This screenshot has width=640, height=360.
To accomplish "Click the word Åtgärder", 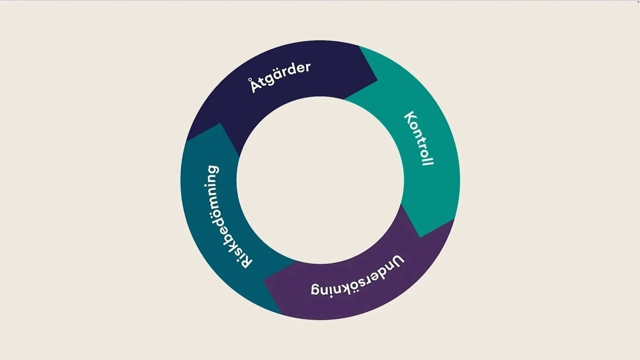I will pyautogui.click(x=280, y=76).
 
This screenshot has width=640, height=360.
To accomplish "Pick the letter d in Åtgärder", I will pyautogui.click(x=294, y=69).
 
